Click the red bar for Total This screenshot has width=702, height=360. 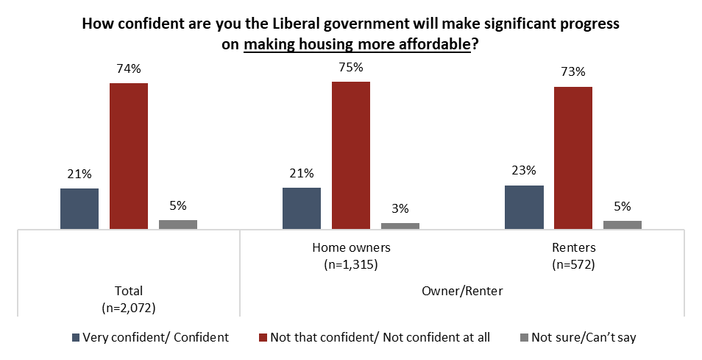coord(129,155)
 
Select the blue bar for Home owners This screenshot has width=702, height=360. coord(302,208)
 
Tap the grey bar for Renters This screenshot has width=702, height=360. coord(623,225)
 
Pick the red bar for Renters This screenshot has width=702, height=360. coord(573,158)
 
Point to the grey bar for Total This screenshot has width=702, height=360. coord(178,225)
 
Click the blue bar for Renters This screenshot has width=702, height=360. coord(524,207)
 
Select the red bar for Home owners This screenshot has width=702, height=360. coord(351,155)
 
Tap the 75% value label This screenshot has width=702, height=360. coord(350,68)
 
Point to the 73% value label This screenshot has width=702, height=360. coord(572,72)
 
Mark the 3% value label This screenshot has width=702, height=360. coord(400,208)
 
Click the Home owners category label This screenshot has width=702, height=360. coord(351,247)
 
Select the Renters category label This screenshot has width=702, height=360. coord(573,247)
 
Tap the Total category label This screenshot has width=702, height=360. coord(130,291)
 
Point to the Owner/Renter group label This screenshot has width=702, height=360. coord(462,291)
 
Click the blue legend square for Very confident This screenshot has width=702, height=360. coord(75,338)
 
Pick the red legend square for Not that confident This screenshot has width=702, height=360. coord(263,338)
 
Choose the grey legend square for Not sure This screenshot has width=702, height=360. coord(524,338)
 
